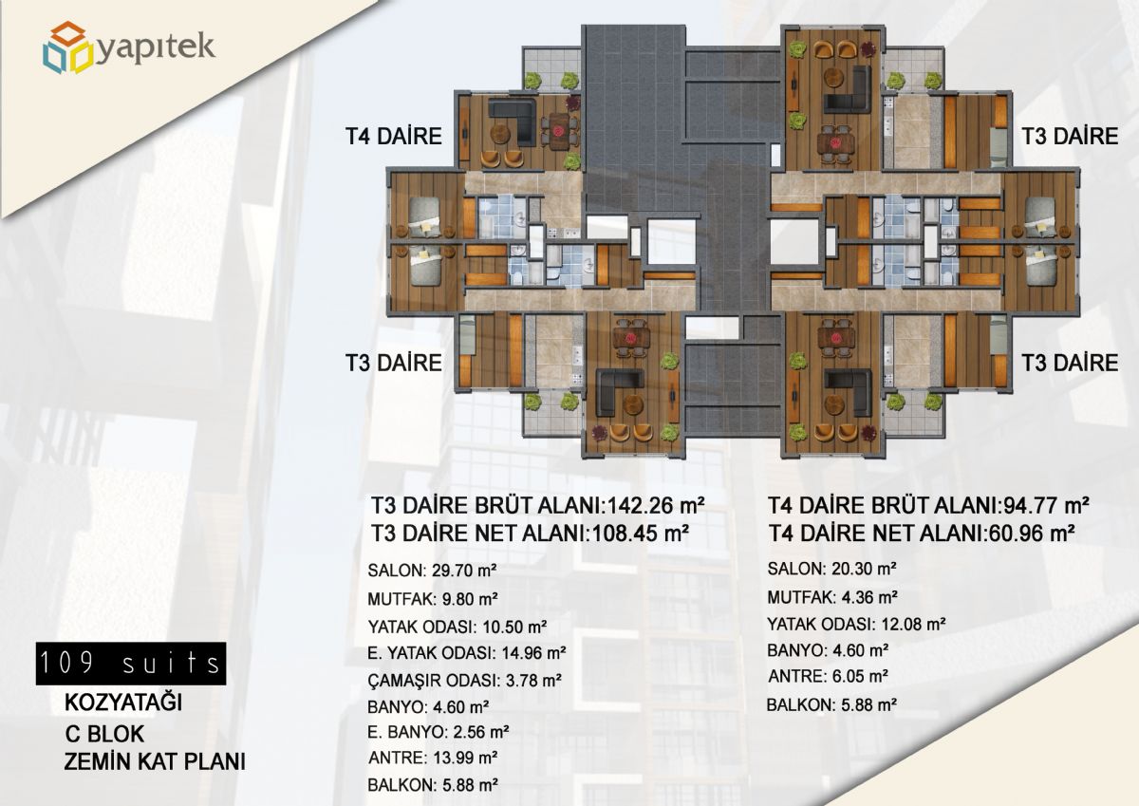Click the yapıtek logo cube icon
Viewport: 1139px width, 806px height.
click(68, 47)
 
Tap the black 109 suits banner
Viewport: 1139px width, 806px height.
click(131, 663)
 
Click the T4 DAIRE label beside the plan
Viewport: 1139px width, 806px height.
click(394, 137)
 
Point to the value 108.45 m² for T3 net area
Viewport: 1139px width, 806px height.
click(640, 534)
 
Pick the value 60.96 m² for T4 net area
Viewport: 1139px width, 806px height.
click(1031, 534)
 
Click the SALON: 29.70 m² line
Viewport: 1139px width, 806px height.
click(432, 571)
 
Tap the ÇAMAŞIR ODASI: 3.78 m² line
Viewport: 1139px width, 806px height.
click(464, 680)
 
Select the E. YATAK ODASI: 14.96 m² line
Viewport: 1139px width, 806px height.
click(466, 653)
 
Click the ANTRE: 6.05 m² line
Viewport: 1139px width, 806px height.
click(828, 676)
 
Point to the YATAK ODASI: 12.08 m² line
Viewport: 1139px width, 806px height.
click(856, 624)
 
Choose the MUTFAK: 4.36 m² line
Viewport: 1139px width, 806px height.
click(832, 597)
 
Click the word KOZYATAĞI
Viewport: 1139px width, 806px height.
click(123, 703)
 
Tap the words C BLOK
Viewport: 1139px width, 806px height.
click(104, 734)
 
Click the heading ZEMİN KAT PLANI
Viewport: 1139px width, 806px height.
click(155, 761)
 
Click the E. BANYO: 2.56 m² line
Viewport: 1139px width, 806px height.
click(439, 732)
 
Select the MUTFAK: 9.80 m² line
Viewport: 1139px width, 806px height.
click(432, 599)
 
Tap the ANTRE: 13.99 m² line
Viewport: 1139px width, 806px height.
click(433, 759)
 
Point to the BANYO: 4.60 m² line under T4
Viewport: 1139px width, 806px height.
click(829, 650)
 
